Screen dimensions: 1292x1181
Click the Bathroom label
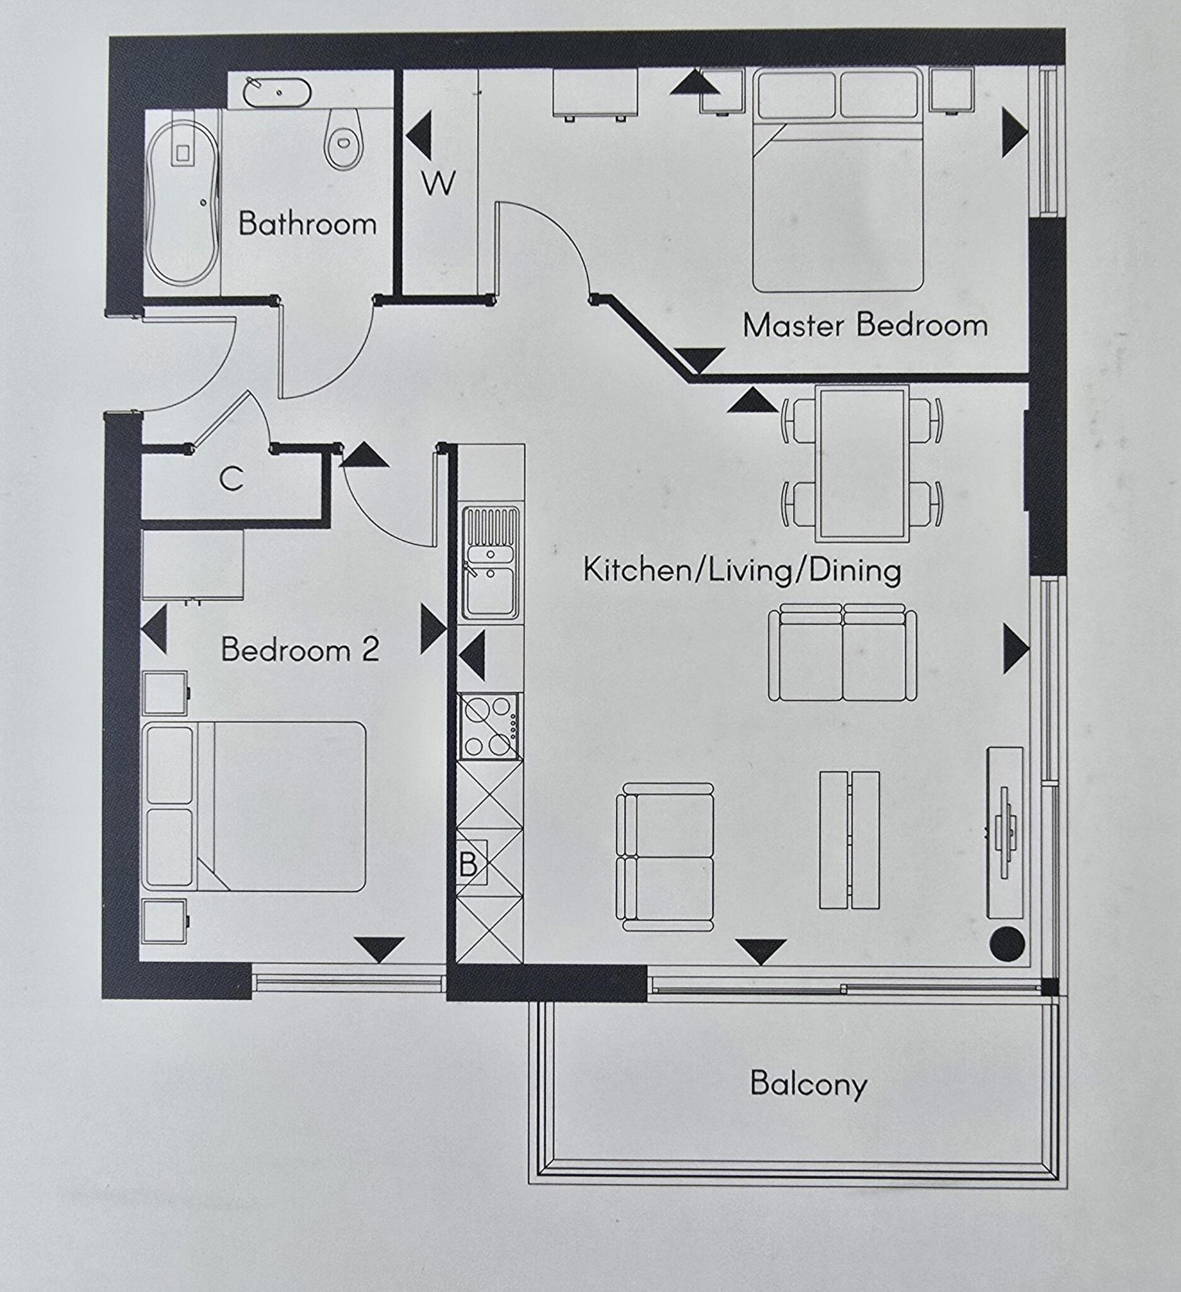308,225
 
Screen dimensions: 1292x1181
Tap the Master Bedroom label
864,326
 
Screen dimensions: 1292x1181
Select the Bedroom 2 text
300,650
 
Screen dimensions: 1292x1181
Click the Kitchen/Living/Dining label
742,570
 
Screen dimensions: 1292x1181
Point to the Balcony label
808,1084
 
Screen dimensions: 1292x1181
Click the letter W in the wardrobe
438,184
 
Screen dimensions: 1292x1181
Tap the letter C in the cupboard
231,479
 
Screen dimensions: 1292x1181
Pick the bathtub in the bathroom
181,201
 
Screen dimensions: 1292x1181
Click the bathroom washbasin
277,92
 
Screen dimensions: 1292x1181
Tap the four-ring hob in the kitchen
491,726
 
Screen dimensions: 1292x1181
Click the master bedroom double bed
839,181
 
